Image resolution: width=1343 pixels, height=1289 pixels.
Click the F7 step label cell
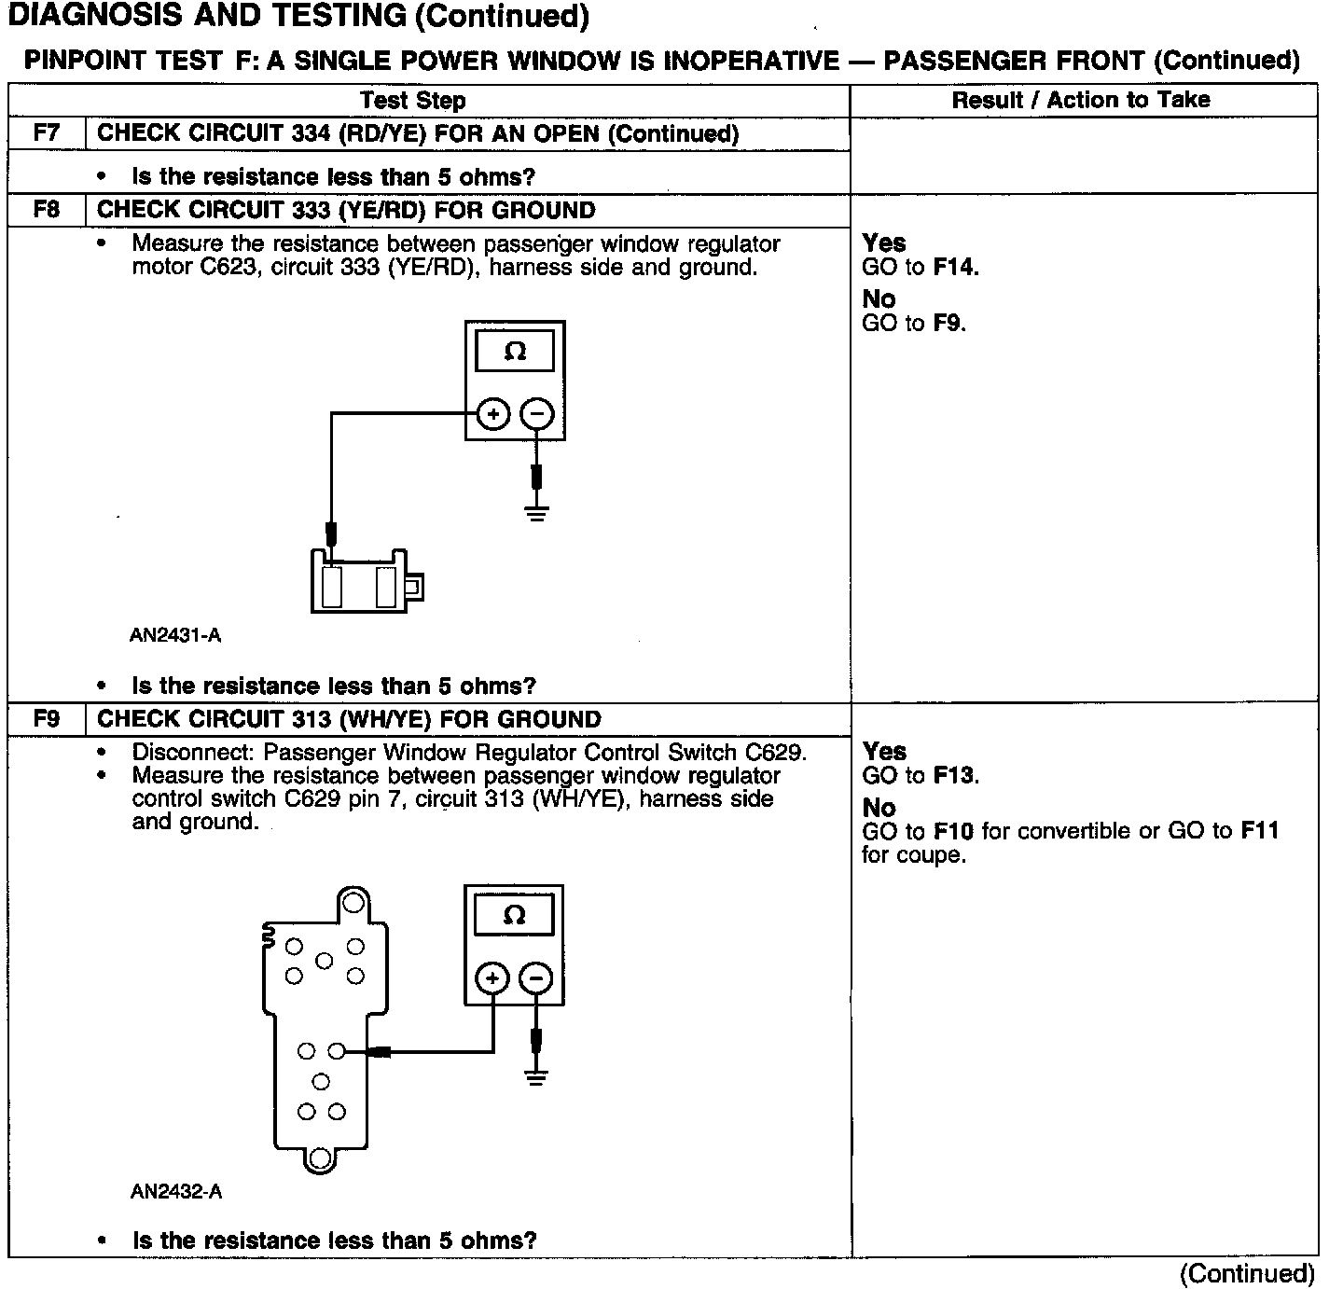click(x=46, y=132)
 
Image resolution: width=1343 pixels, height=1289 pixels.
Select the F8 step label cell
click(x=46, y=210)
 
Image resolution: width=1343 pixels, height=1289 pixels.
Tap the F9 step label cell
click(x=46, y=719)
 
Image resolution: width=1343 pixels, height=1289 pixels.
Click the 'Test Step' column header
click(x=412, y=100)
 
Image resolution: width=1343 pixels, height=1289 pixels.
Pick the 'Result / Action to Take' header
click(x=1081, y=100)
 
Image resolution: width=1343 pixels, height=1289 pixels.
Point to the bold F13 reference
click(x=954, y=776)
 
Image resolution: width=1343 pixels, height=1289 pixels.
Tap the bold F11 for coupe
click(x=1259, y=831)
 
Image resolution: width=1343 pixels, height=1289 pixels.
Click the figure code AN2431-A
click(x=175, y=636)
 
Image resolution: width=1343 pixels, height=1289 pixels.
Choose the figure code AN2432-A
click(x=176, y=1192)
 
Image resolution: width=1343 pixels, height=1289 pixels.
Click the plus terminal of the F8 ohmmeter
click(x=493, y=413)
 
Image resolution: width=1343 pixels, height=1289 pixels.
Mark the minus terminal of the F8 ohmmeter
click(x=536, y=413)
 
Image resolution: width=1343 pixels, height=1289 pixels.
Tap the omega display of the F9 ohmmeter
click(x=514, y=915)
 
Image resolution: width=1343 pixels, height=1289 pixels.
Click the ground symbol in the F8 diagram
click(x=536, y=513)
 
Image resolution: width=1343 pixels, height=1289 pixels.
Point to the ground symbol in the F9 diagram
click(x=535, y=1077)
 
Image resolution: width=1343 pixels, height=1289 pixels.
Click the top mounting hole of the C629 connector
click(x=353, y=903)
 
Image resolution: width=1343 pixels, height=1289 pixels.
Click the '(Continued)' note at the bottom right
click(x=1247, y=1273)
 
